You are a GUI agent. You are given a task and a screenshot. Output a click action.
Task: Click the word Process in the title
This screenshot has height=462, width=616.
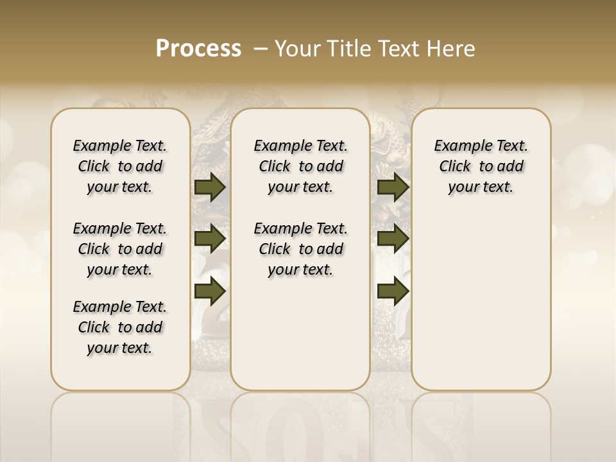(198, 49)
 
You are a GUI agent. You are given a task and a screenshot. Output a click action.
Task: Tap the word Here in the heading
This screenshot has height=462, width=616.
(452, 49)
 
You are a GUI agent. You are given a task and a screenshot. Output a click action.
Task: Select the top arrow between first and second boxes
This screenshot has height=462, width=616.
(210, 187)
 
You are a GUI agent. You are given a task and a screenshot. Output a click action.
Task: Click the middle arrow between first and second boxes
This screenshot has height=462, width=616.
(210, 239)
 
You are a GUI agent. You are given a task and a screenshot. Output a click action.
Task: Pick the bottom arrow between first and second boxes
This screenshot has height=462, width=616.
(210, 291)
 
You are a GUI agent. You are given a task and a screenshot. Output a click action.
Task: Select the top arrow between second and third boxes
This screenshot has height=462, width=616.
(393, 187)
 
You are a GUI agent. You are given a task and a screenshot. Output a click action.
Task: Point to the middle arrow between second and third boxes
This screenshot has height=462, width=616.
(393, 239)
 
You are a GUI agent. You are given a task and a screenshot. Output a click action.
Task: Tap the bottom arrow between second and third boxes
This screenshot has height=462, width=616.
(393, 291)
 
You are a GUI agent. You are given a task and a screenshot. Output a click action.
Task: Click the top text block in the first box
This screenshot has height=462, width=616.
(120, 166)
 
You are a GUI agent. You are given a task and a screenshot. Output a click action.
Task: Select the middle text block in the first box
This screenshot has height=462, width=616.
(120, 249)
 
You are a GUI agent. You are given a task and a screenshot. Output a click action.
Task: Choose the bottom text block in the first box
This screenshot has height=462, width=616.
(120, 327)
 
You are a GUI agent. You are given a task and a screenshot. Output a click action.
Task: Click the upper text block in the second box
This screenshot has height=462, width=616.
(300, 166)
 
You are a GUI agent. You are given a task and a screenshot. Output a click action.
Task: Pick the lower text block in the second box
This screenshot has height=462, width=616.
(300, 249)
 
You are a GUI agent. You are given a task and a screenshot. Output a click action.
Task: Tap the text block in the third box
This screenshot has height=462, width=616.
(481, 166)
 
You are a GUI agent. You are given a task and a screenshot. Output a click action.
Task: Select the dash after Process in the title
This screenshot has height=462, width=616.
(261, 49)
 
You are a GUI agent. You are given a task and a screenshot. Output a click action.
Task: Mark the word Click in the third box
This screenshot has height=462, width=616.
(455, 166)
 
